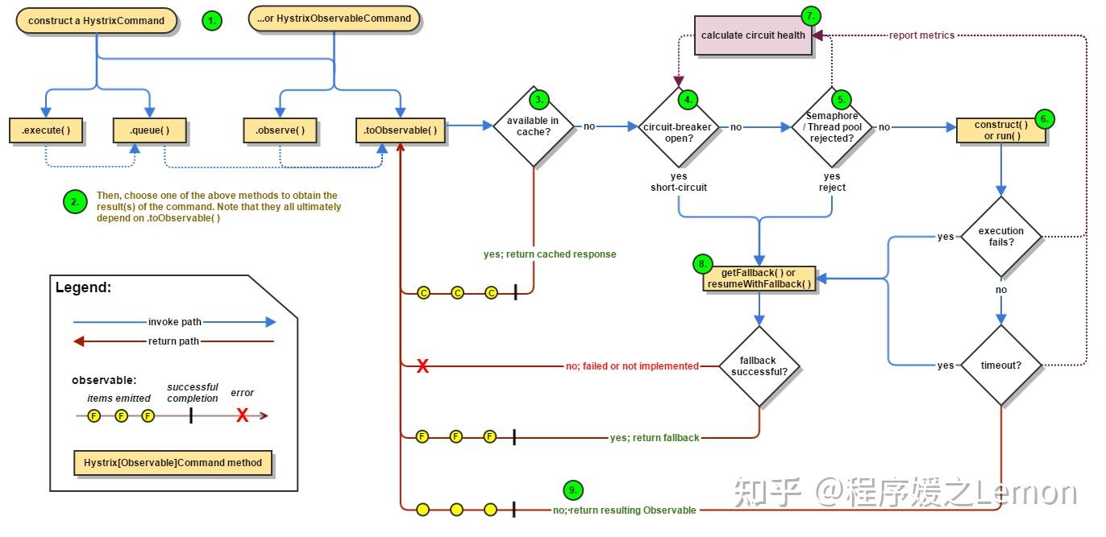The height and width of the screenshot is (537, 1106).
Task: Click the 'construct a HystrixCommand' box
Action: tap(96, 21)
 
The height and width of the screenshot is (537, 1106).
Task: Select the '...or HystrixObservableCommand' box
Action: tap(334, 19)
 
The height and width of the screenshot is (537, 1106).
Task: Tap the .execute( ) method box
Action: tap(46, 130)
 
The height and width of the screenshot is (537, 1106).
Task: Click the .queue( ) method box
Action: tap(148, 130)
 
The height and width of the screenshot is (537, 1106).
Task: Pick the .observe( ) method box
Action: tap(280, 130)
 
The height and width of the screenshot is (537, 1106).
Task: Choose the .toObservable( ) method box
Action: tap(401, 130)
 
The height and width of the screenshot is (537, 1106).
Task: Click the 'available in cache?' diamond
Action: tap(533, 126)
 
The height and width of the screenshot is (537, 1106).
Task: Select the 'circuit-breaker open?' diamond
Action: tap(678, 127)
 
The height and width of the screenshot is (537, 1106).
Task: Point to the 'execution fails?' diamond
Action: tap(1001, 237)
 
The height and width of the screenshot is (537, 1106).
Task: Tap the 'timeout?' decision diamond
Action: tap(1001, 366)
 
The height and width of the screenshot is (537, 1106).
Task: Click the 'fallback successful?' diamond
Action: tap(759, 366)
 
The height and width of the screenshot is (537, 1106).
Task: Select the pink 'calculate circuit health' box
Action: tap(753, 35)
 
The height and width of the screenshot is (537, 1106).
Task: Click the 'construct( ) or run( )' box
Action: tap(1001, 130)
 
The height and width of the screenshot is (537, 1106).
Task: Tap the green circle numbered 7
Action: tap(811, 15)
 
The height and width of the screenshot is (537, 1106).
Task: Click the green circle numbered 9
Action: tap(572, 489)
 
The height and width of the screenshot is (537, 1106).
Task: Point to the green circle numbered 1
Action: tap(212, 22)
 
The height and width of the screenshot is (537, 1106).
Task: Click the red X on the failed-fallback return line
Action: tap(422, 367)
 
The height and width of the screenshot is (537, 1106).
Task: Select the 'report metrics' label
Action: tap(921, 35)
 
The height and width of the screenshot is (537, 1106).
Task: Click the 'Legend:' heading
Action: tap(83, 287)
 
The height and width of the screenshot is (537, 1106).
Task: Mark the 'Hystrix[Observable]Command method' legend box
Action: tap(173, 463)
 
